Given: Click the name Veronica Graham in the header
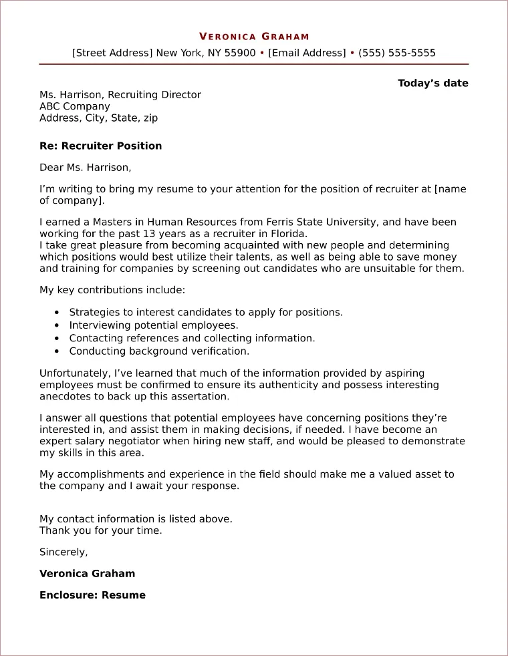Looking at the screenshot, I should [254, 37].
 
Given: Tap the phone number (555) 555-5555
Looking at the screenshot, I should [397, 53].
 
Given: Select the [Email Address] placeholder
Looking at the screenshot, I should [307, 53].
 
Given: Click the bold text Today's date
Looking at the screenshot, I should [432, 84].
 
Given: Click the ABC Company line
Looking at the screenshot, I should [75, 106].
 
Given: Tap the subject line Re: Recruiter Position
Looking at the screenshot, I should [100, 146].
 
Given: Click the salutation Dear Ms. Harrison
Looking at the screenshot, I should [86, 168].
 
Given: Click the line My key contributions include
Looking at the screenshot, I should [112, 290].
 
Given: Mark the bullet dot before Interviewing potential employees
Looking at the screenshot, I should [55, 325].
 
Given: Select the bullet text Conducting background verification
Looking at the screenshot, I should [159, 351].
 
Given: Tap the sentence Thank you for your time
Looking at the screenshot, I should [101, 530].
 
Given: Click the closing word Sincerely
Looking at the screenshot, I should [63, 552].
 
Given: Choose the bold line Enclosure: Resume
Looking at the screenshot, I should [92, 595].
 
